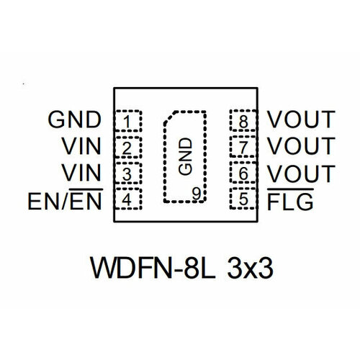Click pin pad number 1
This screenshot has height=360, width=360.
(128, 121)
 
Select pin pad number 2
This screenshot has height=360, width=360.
(127, 148)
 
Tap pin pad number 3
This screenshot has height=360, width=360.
(127, 174)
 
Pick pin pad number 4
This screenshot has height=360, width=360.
(128, 199)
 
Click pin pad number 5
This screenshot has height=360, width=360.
(243, 199)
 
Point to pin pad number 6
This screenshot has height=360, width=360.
(243, 173)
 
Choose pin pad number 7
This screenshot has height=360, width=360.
(243, 147)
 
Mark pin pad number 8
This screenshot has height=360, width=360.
(243, 120)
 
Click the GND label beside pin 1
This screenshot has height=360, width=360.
(74, 120)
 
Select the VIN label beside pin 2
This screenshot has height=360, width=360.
(81, 145)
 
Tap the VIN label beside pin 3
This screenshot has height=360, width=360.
(81, 172)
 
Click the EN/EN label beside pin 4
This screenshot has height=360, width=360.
(66, 199)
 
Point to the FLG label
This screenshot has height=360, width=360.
(290, 199)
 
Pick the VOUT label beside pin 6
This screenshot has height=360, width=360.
(301, 174)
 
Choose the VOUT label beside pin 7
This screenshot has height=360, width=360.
(301, 145)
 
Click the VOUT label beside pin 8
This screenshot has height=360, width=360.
(301, 120)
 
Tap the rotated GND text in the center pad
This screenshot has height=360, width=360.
(185, 156)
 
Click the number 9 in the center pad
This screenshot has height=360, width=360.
(197, 194)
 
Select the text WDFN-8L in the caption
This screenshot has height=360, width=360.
(153, 268)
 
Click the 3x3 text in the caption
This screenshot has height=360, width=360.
(250, 268)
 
